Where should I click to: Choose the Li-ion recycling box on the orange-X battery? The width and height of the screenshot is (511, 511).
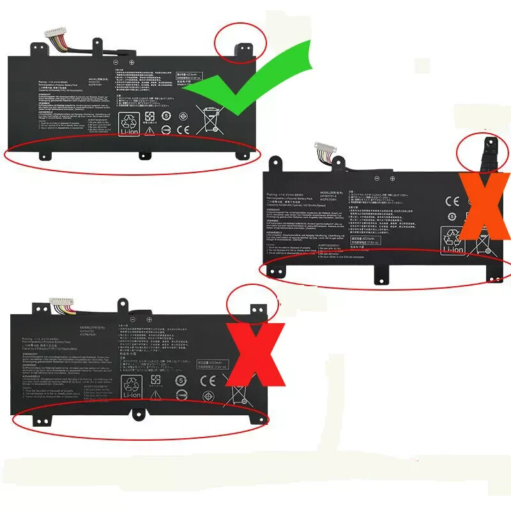(452, 242)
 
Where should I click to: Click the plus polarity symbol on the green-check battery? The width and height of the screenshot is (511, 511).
(132, 63)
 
